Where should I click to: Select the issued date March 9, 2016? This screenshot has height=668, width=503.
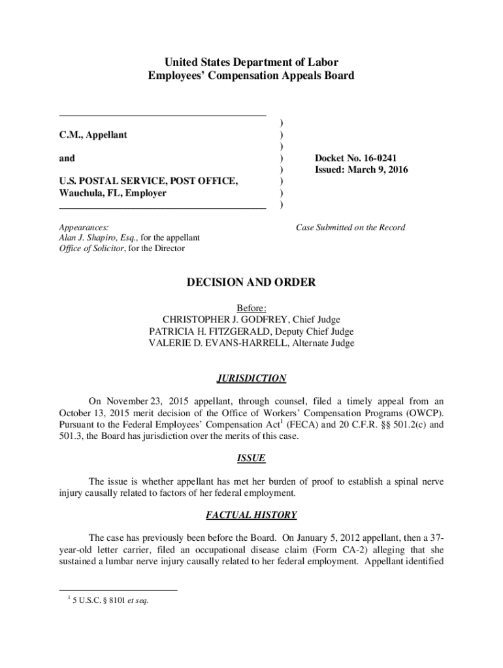pyautogui.click(x=380, y=170)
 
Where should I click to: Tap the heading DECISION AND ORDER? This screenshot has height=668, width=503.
pyautogui.click(x=252, y=282)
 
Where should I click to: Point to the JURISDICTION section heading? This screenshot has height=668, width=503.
pyautogui.click(x=252, y=378)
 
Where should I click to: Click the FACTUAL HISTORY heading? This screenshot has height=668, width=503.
pyautogui.click(x=252, y=515)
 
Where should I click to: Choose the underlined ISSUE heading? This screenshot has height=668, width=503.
pyautogui.click(x=252, y=459)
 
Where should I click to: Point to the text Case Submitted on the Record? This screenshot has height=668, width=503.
pyautogui.click(x=351, y=228)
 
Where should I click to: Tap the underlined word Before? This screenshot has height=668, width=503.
pyautogui.click(x=252, y=308)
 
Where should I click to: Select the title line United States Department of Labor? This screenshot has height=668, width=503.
pyautogui.click(x=252, y=63)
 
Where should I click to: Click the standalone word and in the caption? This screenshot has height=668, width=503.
pyautogui.click(x=67, y=158)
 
